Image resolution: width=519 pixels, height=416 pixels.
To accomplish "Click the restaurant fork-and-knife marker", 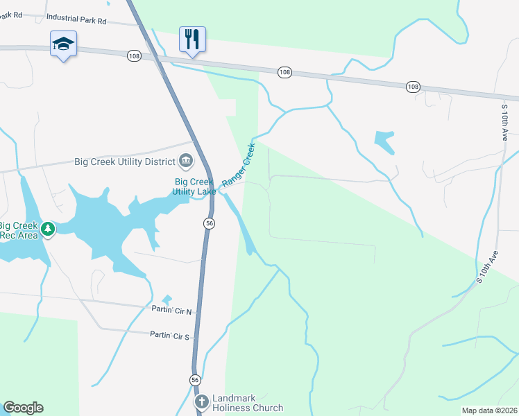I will click(x=192, y=39).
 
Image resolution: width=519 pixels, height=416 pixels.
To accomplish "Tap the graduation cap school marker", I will click(x=63, y=44).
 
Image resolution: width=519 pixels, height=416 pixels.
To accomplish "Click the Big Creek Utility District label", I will click(x=126, y=162).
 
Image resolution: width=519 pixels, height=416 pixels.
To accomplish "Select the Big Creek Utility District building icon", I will click(x=186, y=162).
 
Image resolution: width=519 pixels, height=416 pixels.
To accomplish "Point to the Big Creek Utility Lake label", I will click(x=194, y=187).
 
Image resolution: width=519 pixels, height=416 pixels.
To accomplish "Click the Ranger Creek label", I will click(x=238, y=165).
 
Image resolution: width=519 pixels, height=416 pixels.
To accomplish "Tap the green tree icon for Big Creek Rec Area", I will click(x=47, y=229).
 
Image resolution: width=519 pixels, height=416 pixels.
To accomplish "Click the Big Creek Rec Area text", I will click(x=17, y=229).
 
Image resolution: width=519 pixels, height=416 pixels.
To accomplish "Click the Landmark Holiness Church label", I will click(x=248, y=403).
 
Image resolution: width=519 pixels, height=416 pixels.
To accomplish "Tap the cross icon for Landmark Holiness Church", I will click(x=201, y=402).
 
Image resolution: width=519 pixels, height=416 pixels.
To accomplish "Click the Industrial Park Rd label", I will click(x=76, y=21).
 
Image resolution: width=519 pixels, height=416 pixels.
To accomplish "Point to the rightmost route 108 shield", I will click(x=413, y=87).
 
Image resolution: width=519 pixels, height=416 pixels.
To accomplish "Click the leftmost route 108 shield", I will click(x=134, y=55).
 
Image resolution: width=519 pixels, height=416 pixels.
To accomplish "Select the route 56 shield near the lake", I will click(x=209, y=223).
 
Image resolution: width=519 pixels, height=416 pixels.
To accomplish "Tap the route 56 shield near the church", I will click(x=196, y=380).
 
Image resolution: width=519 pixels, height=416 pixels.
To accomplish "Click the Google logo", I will click(x=24, y=408).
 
